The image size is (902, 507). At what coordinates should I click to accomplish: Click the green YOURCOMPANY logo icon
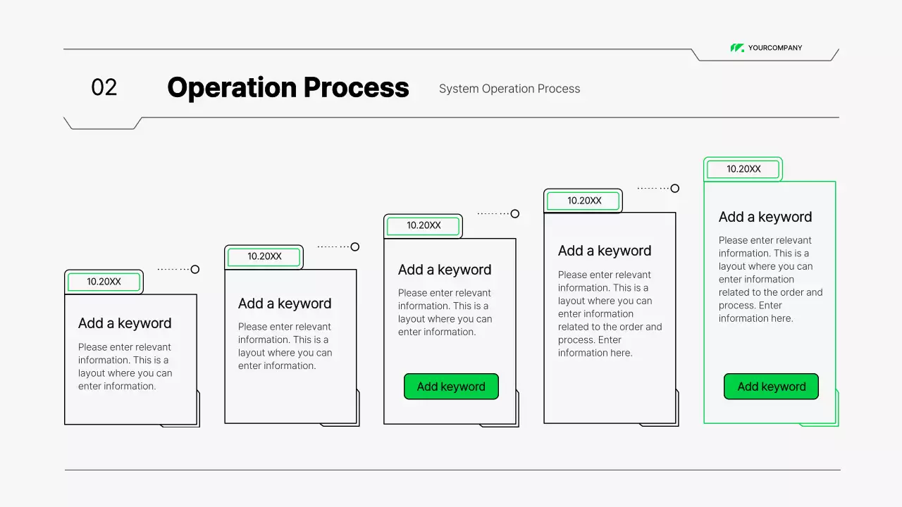point(737,48)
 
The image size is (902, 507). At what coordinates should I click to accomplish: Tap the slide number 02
point(104,87)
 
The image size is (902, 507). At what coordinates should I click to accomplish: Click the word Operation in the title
point(231,88)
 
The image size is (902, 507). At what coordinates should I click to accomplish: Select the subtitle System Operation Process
point(509,89)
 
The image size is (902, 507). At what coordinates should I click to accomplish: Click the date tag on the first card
point(104,282)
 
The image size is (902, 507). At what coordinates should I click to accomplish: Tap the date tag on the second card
point(264,257)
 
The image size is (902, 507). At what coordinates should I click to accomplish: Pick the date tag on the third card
point(424,226)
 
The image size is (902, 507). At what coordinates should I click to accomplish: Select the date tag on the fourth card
point(584,201)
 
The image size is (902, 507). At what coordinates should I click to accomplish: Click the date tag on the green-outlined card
point(743,169)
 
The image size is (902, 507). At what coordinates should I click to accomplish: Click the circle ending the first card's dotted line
point(195,270)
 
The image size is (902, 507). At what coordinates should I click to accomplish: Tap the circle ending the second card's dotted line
point(355,247)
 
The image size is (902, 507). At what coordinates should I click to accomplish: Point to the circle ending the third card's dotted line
point(515,214)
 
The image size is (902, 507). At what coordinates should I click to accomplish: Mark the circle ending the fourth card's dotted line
point(675,189)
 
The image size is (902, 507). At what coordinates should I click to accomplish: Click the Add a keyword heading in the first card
point(125,323)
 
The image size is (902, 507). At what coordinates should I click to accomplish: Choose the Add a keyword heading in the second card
point(285,303)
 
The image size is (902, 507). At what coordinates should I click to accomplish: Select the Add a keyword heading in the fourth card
point(605,251)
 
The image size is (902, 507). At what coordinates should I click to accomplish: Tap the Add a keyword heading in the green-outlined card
point(765,217)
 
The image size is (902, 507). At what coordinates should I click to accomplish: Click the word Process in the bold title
point(356,88)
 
